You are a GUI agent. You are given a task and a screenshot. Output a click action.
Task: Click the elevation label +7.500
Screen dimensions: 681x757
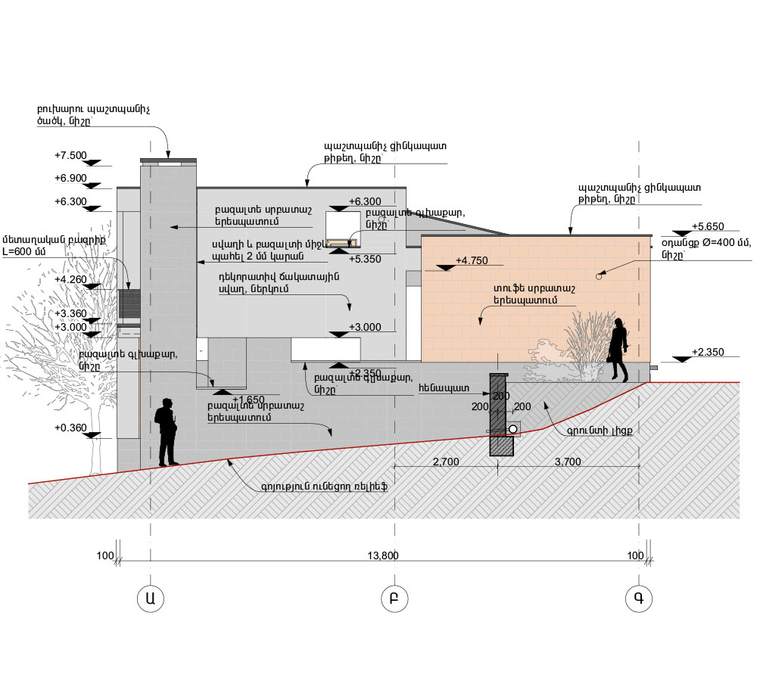coord(71,155)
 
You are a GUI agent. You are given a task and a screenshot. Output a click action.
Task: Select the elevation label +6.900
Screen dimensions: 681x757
coord(71,178)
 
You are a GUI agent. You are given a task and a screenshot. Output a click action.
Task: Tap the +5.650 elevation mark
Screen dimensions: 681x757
coord(709,226)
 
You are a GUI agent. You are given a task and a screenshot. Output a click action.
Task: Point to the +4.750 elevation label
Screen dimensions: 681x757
coord(471,261)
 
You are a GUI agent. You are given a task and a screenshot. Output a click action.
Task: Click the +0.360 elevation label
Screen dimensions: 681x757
coord(71,428)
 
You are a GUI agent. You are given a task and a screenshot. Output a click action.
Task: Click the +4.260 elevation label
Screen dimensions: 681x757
coord(71,279)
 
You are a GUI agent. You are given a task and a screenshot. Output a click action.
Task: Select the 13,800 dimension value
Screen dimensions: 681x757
coord(382,555)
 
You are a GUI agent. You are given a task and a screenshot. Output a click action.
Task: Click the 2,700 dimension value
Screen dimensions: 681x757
coord(447,461)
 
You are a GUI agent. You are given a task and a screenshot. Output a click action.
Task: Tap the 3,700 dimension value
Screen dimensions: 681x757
coord(569,461)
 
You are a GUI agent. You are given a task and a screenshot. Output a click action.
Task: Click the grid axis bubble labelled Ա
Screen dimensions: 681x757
coord(151,598)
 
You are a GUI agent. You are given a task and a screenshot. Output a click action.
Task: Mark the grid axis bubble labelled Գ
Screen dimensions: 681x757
coord(639,598)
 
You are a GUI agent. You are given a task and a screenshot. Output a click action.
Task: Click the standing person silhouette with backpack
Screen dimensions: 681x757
coord(167,431)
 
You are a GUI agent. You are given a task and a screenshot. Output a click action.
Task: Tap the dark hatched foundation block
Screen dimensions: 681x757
coord(500,415)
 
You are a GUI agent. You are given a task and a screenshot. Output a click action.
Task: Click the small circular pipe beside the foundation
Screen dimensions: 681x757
coord(512,429)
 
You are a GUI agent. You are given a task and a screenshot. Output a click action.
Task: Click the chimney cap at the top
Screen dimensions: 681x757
coord(168,160)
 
